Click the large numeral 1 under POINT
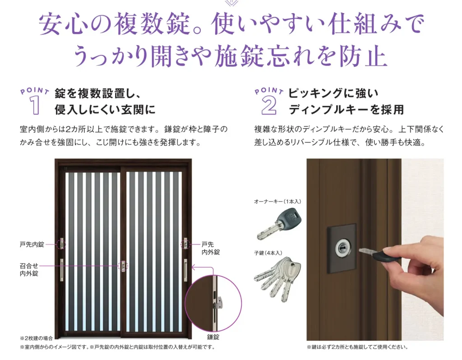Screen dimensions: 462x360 [34, 106]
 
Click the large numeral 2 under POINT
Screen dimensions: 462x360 [269, 106]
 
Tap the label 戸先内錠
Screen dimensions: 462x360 [32, 245]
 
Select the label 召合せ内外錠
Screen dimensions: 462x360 [29, 270]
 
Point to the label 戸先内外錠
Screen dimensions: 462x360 [210, 248]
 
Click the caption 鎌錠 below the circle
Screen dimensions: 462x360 [213, 337]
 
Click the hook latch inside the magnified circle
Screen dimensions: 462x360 [219, 304]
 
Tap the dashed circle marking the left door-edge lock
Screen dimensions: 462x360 [62, 244]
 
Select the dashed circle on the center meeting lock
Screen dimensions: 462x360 [123, 266]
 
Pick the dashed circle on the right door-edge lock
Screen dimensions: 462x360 [185, 244]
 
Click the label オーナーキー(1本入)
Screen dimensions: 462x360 [277, 202]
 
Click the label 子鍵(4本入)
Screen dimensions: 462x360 [268, 253]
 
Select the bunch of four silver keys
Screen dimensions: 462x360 [277, 279]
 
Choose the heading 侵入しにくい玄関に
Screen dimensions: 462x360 [105, 110]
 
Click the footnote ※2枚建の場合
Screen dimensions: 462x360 [36, 338]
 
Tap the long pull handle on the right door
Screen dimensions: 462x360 [185, 270]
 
